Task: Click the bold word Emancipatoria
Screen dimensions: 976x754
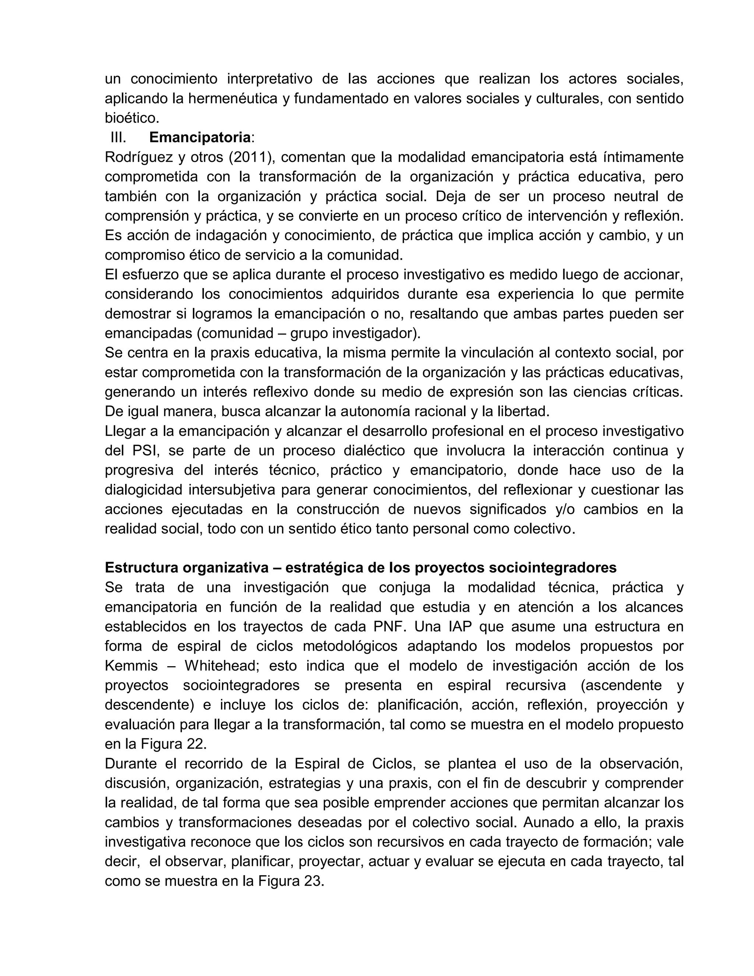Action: point(200,137)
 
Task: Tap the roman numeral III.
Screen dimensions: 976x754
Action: point(119,137)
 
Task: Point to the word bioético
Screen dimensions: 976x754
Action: point(132,118)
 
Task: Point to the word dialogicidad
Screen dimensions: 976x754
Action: point(143,489)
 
